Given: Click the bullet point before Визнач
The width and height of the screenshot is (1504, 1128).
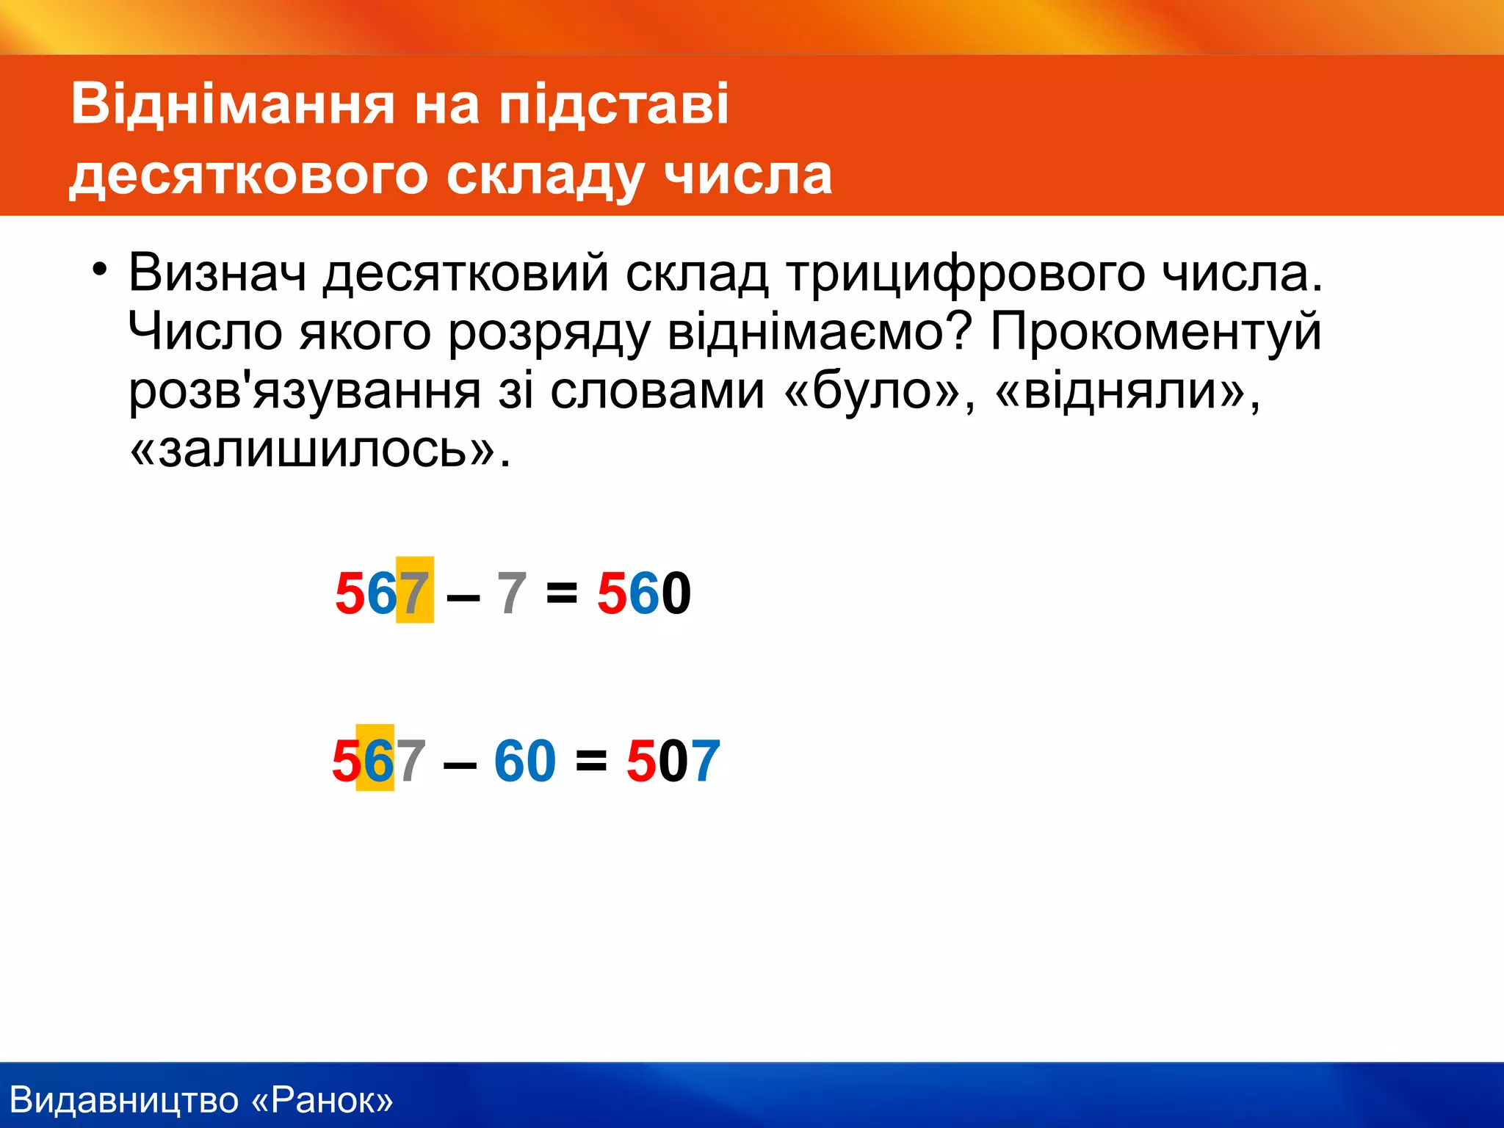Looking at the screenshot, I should (x=100, y=270).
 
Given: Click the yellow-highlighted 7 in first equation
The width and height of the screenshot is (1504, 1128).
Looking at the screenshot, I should (x=414, y=591).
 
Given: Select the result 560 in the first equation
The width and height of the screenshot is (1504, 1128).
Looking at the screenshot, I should (x=643, y=593).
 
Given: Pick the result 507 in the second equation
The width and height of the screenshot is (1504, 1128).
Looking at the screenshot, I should (x=673, y=760).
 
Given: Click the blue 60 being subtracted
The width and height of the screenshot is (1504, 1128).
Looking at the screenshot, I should (x=524, y=760).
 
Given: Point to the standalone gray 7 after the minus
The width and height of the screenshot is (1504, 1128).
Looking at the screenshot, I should (x=512, y=593).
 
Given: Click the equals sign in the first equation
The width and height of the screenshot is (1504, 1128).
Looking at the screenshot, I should (x=562, y=593).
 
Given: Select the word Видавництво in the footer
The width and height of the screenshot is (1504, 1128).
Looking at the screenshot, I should (x=125, y=1099).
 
